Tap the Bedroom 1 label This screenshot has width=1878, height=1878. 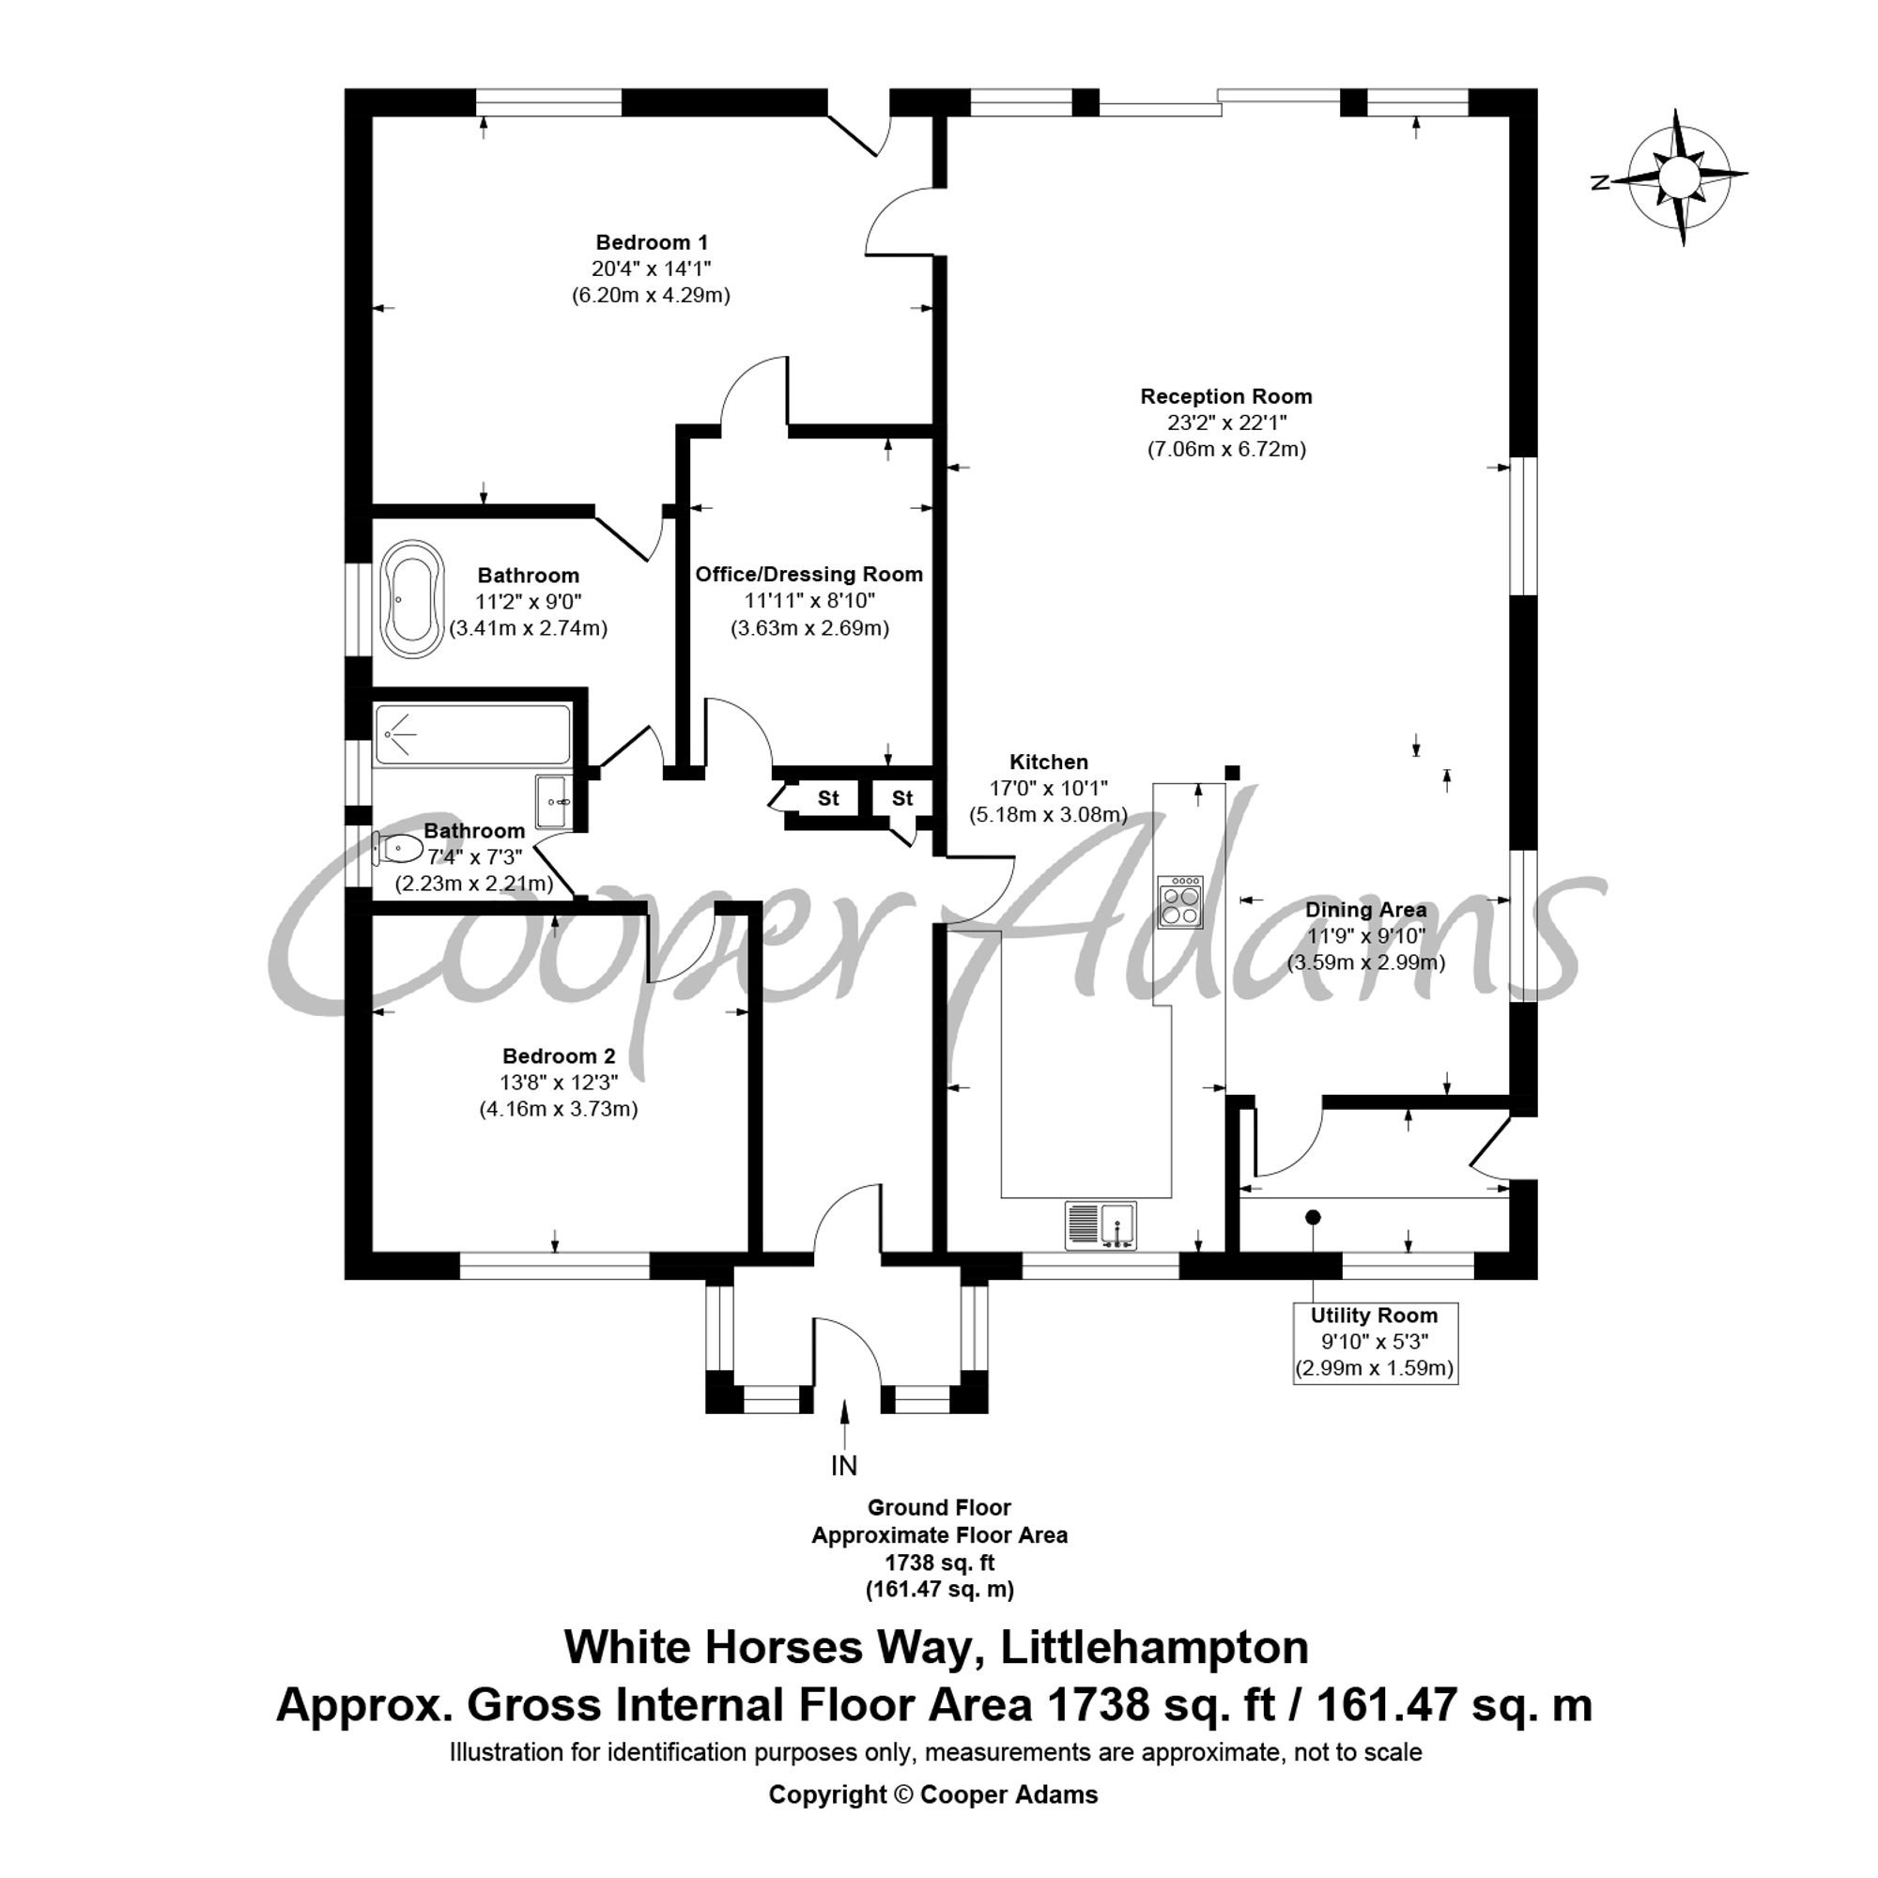pyautogui.click(x=652, y=242)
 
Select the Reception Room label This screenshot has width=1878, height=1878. pyautogui.click(x=1225, y=396)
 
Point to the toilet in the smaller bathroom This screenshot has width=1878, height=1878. pyautogui.click(x=397, y=849)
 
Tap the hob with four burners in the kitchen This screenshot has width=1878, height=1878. pyautogui.click(x=1180, y=903)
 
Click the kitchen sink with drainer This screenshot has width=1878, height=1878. pyautogui.click(x=1101, y=1224)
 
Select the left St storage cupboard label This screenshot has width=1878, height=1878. pyautogui.click(x=828, y=799)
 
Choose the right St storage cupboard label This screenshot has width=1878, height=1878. pyautogui.click(x=902, y=799)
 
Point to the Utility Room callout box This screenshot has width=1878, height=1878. pyautogui.click(x=1375, y=1343)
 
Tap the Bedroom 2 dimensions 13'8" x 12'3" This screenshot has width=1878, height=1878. pyautogui.click(x=558, y=1082)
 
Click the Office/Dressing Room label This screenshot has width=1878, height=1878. pyautogui.click(x=808, y=575)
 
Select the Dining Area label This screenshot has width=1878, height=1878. pyautogui.click(x=1365, y=910)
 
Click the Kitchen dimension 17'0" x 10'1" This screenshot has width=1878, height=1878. pyautogui.click(x=1048, y=789)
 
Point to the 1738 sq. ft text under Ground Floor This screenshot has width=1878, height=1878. pyautogui.click(x=939, y=1563)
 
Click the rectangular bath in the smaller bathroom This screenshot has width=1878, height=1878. pyautogui.click(x=472, y=735)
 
